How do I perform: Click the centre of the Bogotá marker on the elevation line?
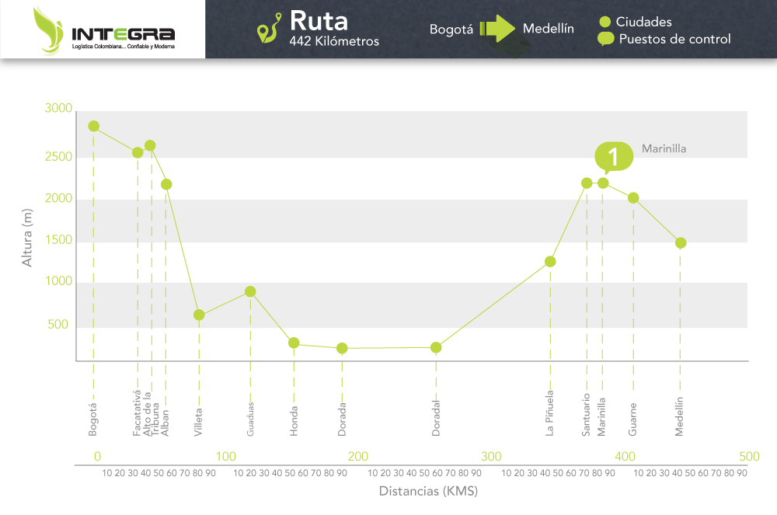[94, 127]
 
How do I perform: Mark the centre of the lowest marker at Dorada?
[342, 349]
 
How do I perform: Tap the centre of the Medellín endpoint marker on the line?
[681, 243]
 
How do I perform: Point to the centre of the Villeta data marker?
[199, 315]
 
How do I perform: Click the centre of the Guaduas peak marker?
[250, 291]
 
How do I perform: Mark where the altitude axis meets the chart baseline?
[76, 361]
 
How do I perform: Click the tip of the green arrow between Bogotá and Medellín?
[515, 28]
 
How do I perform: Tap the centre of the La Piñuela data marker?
[550, 262]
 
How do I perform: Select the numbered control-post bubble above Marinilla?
[614, 157]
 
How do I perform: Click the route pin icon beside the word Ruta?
[269, 28]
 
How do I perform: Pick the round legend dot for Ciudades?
[605, 22]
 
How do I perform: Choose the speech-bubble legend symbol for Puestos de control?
[605, 39]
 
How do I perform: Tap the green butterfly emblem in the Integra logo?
[48, 30]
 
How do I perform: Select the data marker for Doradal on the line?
[436, 348]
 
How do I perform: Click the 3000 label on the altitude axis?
[58, 109]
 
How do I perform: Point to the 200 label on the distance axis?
[357, 457]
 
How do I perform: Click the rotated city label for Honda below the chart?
[294, 422]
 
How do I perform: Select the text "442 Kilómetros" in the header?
[334, 41]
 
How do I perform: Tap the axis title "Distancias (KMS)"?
[428, 491]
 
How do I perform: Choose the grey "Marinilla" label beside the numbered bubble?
[664, 148]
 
